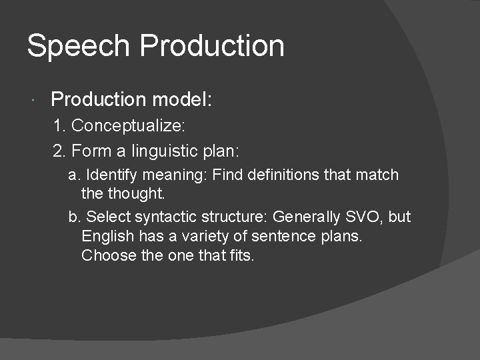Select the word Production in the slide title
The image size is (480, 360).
click(x=213, y=46)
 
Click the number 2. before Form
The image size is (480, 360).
click(x=60, y=151)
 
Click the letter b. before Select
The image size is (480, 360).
click(x=75, y=217)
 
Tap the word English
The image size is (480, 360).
click(x=107, y=236)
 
